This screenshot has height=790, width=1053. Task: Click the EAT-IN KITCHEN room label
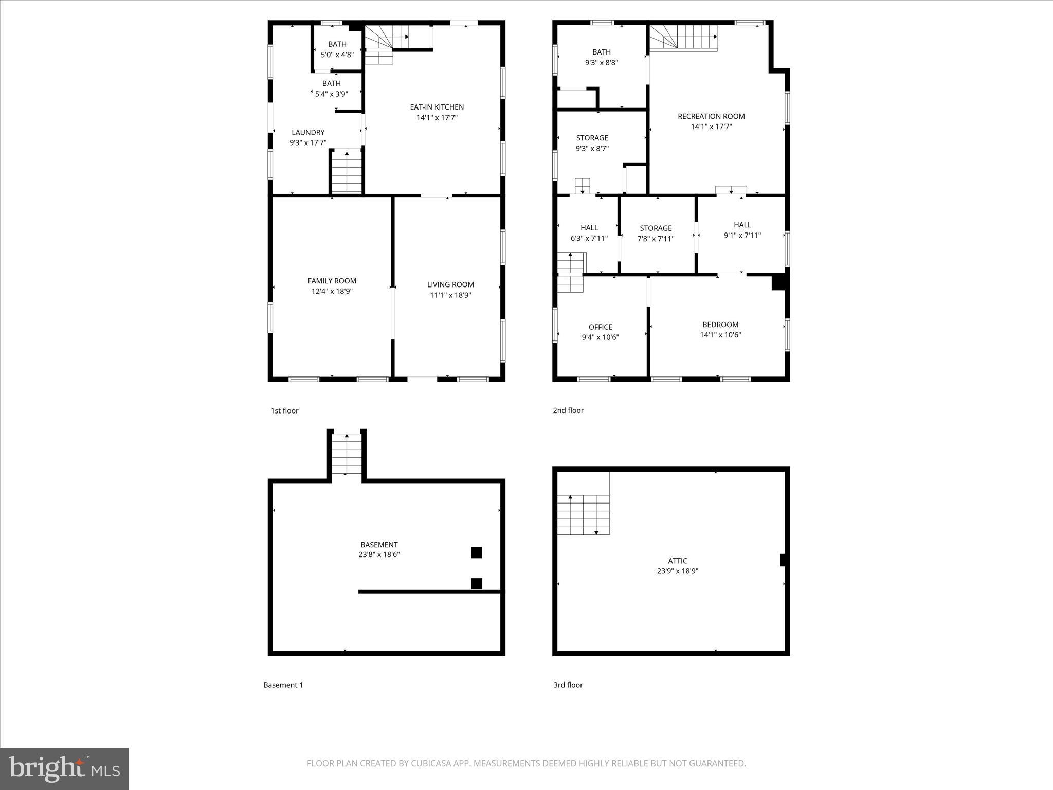pyautogui.click(x=437, y=107)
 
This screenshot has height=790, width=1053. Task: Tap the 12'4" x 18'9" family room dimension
pyautogui.click(x=332, y=291)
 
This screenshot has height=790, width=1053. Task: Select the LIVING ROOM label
pyautogui.click(x=450, y=284)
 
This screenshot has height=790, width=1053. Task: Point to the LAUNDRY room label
pyautogui.click(x=308, y=132)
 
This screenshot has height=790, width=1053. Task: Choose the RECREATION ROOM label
pyautogui.click(x=711, y=116)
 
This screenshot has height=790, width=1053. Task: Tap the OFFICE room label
pyautogui.click(x=600, y=327)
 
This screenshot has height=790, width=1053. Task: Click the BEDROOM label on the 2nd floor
pyautogui.click(x=720, y=325)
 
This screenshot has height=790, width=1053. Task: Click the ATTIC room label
pyautogui.click(x=677, y=561)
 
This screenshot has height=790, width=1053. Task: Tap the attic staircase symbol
pyautogui.click(x=583, y=514)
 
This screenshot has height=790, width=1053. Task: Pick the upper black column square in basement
pyautogui.click(x=477, y=552)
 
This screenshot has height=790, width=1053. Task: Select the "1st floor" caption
pyautogui.click(x=284, y=410)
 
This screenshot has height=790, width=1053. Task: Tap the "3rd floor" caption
pyautogui.click(x=568, y=685)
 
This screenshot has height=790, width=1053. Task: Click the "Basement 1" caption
pyautogui.click(x=283, y=685)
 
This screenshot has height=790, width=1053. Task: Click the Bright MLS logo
pyautogui.click(x=64, y=768)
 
